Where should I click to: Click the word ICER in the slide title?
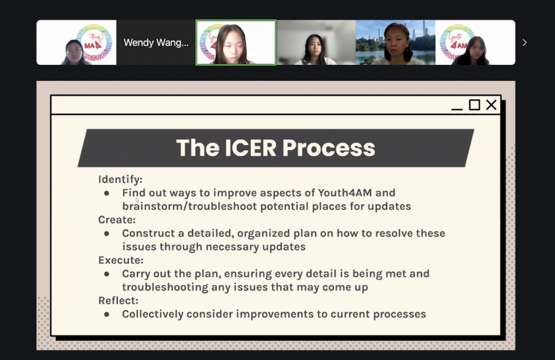click(x=250, y=147)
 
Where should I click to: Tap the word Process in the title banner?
click(x=328, y=147)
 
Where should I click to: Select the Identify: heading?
click(x=120, y=179)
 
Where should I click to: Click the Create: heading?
click(x=117, y=220)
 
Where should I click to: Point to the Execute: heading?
click(x=121, y=260)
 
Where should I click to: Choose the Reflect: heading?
click(x=118, y=300)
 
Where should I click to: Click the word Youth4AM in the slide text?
click(x=345, y=193)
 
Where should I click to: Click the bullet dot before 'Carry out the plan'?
click(x=107, y=274)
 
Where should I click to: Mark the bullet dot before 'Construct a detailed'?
click(x=107, y=234)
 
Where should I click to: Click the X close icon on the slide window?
click(x=491, y=105)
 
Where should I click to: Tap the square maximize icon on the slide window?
click(x=474, y=105)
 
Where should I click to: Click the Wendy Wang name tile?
click(x=156, y=42)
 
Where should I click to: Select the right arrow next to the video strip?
click(x=525, y=42)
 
